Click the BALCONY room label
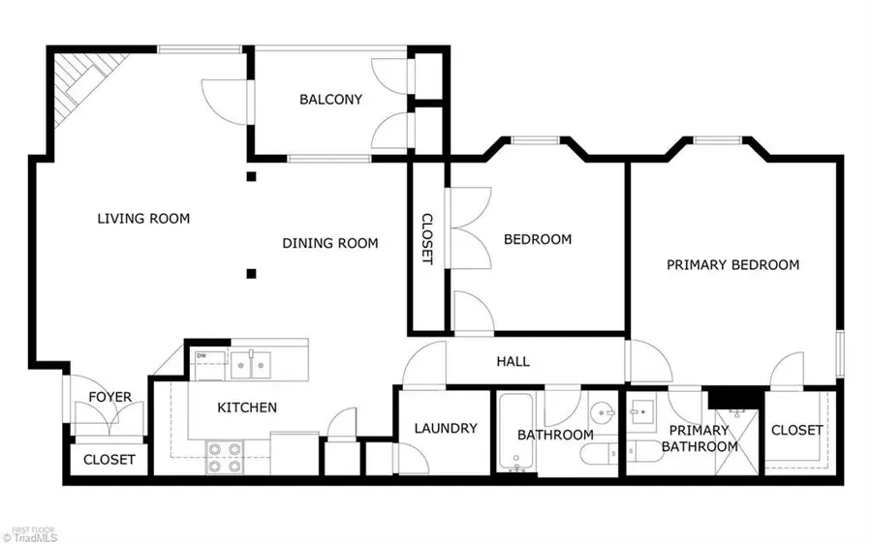(x=331, y=100)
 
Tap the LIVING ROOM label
(x=143, y=219)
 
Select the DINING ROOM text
(x=330, y=243)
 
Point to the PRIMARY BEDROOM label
(x=733, y=264)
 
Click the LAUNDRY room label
(x=446, y=428)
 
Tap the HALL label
(x=513, y=362)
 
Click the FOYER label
(x=110, y=397)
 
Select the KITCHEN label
(x=247, y=408)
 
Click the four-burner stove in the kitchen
(x=225, y=457)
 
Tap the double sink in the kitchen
(x=251, y=365)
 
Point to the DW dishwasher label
(x=202, y=355)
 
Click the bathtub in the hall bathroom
(x=515, y=432)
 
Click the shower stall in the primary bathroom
(x=736, y=442)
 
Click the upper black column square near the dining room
(x=251, y=177)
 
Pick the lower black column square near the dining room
(x=251, y=273)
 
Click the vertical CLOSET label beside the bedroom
(x=427, y=239)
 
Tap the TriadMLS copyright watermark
(x=30, y=538)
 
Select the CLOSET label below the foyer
(x=109, y=460)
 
